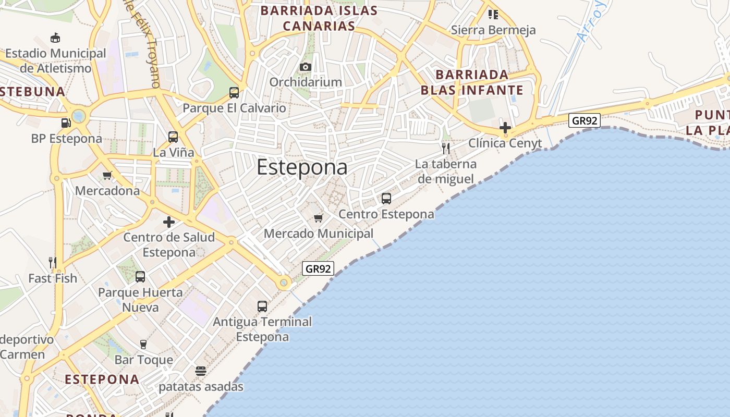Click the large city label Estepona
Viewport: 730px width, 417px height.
point(302,167)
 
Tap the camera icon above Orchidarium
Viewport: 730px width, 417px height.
point(306,67)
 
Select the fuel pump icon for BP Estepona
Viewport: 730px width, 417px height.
point(66,123)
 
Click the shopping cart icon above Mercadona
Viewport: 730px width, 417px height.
point(107,175)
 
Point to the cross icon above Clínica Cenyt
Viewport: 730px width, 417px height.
point(505,127)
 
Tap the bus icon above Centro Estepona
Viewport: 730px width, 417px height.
point(386,199)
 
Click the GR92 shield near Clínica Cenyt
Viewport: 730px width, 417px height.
point(585,121)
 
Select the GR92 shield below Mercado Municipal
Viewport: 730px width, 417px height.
point(318,269)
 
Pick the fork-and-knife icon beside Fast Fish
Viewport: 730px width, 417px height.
point(53,262)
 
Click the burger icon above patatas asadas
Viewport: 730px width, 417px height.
point(201,371)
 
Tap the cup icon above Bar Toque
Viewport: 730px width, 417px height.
point(143,344)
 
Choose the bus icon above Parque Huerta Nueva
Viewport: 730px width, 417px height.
point(140,277)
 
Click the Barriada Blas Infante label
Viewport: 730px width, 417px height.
point(472,82)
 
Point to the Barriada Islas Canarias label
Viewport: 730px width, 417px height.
point(319,18)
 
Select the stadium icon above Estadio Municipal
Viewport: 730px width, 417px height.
point(55,38)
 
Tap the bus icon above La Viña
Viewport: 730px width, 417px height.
point(173,137)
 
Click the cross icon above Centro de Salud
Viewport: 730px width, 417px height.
point(169,222)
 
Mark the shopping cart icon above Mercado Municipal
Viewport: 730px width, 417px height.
point(318,218)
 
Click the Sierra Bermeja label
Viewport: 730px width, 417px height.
point(493,30)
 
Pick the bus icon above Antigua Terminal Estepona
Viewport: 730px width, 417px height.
point(262,306)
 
